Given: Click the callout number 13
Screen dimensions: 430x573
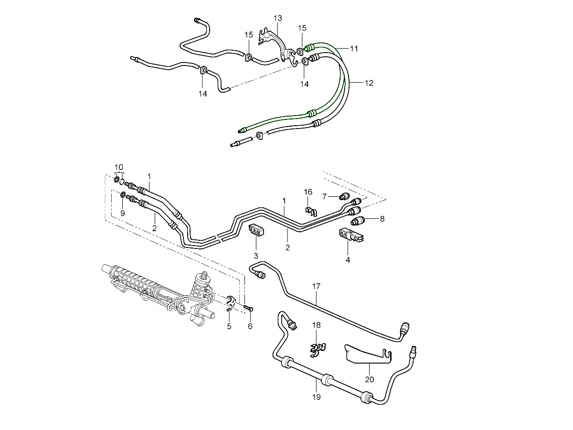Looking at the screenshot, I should pyautogui.click(x=278, y=18).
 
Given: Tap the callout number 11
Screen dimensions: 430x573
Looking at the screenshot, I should pyautogui.click(x=354, y=48).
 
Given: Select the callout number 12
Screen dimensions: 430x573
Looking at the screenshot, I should pyautogui.click(x=369, y=83).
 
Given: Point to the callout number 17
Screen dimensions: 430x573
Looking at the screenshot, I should pyautogui.click(x=317, y=287).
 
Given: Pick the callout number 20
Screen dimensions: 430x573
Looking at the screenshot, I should pyautogui.click(x=370, y=380).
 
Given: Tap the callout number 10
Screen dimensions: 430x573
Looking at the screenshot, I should pyautogui.click(x=119, y=166).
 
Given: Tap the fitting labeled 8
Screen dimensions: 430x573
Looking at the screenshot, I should pyautogui.click(x=359, y=220).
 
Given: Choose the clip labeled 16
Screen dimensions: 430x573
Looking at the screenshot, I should pyautogui.click(x=310, y=211).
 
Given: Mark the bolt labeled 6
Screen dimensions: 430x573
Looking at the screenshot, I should pyautogui.click(x=249, y=308).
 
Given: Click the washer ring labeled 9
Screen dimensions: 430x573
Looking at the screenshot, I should pyautogui.click(x=123, y=195).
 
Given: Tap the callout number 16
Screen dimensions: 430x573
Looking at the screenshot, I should pyautogui.click(x=308, y=192).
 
